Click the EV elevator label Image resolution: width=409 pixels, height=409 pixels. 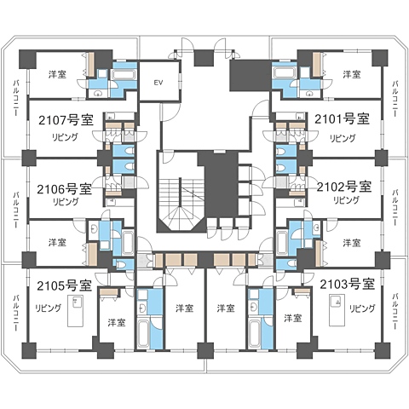tap(158, 83)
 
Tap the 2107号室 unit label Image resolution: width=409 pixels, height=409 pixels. tap(66, 120)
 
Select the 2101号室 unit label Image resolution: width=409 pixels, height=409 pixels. tap(342, 118)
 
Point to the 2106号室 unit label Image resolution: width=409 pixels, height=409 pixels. tap(65, 189)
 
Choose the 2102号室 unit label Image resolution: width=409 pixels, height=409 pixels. tap(344, 187)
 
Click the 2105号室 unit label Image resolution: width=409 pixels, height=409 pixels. tap(65, 285)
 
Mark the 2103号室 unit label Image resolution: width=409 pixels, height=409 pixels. tap(348, 284)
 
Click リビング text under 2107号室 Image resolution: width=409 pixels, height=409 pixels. tap(65, 137)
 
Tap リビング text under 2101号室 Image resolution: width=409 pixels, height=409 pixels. tap(343, 138)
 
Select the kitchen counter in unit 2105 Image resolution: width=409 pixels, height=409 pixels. tap(75, 311)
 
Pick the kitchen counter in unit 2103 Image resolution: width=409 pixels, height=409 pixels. tap(337, 310)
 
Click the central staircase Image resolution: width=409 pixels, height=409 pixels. tap(181, 203)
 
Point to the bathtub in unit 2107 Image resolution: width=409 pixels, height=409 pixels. tap(124, 75)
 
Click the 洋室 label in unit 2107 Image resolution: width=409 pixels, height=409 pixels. tap(57, 74)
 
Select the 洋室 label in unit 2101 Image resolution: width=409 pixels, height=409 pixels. tap(352, 74)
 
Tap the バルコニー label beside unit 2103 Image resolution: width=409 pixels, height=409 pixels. tap(395, 312)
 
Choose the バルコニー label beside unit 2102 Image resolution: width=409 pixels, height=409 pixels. tap(395, 207)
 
